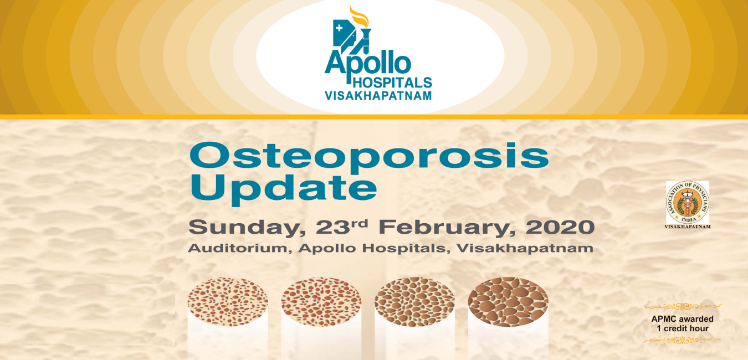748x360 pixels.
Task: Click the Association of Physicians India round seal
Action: [x=687, y=202]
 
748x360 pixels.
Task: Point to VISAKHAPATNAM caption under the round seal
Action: [x=687, y=226]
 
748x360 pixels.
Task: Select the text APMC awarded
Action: [x=682, y=319]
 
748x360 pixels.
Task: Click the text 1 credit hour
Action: [x=682, y=328]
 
